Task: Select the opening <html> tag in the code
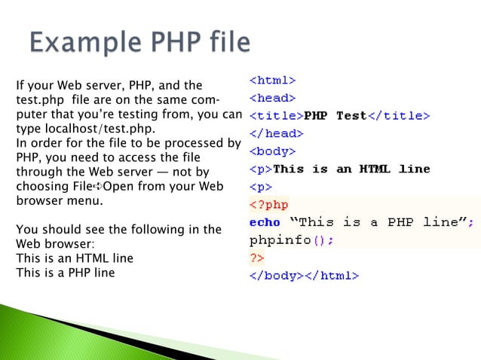[272, 80]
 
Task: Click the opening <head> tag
[272, 98]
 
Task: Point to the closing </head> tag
[276, 133]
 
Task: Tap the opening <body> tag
[272, 151]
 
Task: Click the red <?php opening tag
[268, 204]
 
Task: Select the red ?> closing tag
[256, 258]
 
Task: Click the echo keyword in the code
[264, 222]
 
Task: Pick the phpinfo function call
[290, 240]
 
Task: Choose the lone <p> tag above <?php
[260, 187]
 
